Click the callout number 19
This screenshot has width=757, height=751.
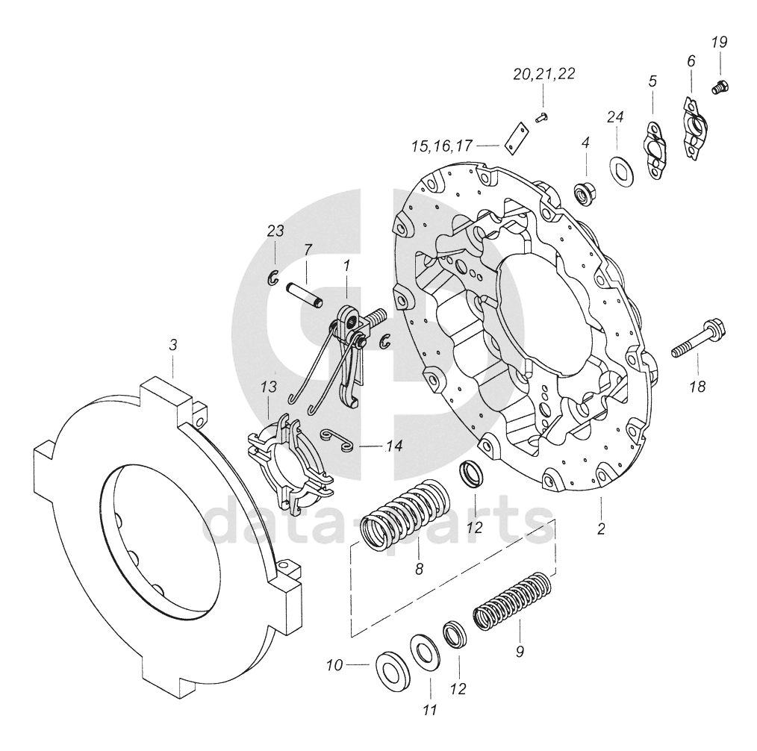pyautogui.click(x=719, y=43)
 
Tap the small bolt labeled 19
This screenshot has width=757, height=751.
pyautogui.click(x=720, y=87)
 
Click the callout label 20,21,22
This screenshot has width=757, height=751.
pyautogui.click(x=544, y=75)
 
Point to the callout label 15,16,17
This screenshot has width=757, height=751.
pyautogui.click(x=441, y=146)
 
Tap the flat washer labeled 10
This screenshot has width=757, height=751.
pyautogui.click(x=393, y=671)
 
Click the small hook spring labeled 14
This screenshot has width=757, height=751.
pyautogui.click(x=337, y=440)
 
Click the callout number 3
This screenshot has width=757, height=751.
pyautogui.click(x=173, y=345)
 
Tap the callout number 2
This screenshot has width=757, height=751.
pyautogui.click(x=601, y=529)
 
